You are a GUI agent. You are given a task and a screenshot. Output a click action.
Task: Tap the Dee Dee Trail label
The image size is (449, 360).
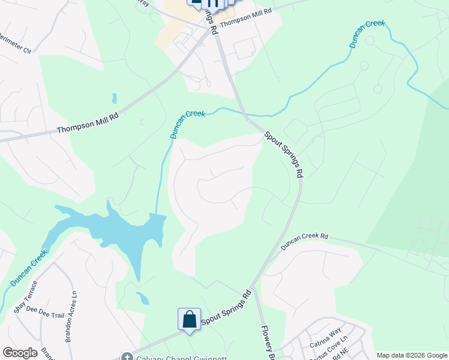click(x=45, y=314)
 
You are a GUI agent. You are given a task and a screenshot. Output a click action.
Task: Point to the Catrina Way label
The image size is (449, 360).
click(x=325, y=337)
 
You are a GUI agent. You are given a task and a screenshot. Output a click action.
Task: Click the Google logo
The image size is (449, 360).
click(x=20, y=353)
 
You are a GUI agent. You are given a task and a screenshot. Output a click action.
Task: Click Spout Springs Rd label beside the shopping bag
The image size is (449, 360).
click(x=226, y=310)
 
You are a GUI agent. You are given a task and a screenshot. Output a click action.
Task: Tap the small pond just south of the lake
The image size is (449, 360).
click(x=143, y=298)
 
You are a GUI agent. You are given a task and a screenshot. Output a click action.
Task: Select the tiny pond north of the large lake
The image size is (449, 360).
click(x=113, y=98)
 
